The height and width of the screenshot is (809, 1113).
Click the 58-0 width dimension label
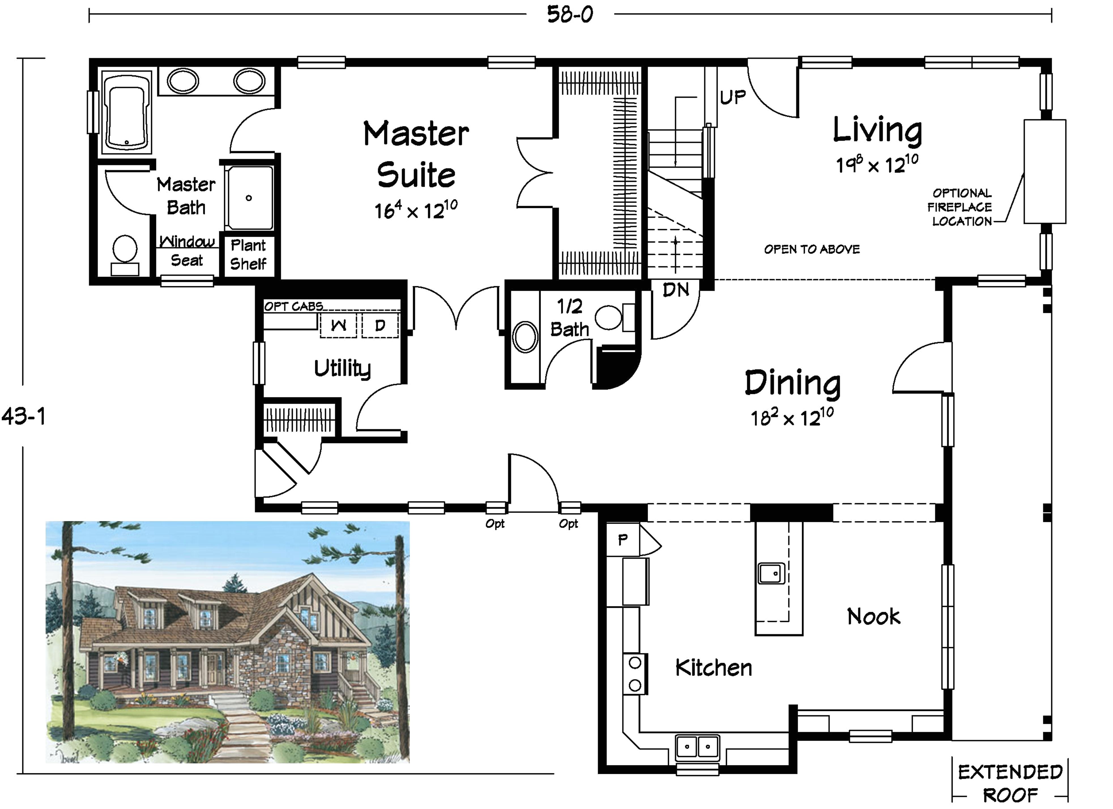click(x=570, y=14)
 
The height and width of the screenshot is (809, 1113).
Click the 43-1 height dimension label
click(x=23, y=416)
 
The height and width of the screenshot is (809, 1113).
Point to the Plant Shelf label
click(x=248, y=254)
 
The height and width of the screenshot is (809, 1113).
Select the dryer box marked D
click(x=380, y=325)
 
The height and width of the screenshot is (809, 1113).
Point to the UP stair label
click(x=733, y=97)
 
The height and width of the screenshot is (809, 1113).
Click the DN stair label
click(x=676, y=290)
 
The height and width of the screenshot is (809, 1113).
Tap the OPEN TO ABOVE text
click(x=812, y=249)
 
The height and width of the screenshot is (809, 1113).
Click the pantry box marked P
click(x=622, y=540)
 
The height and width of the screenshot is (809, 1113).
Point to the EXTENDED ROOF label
click(x=1010, y=784)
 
